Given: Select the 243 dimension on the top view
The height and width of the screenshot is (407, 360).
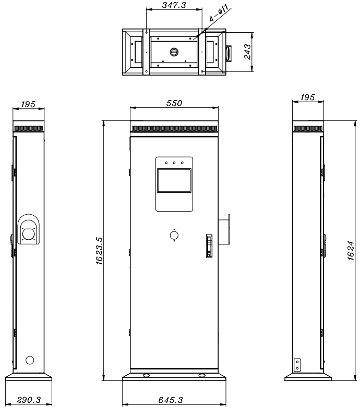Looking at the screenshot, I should tap(249, 53).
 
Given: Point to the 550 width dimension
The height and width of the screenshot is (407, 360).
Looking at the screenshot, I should tap(174, 103).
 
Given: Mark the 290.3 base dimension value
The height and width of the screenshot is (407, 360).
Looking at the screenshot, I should tap(28, 400).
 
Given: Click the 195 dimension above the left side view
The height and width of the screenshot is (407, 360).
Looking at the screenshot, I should tap(28, 104).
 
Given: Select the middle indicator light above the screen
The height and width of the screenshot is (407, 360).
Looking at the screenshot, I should tap(174, 163).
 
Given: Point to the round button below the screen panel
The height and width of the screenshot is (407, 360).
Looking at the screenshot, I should tap(174, 236).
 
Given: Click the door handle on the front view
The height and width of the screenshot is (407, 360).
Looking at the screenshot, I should tap(209, 246).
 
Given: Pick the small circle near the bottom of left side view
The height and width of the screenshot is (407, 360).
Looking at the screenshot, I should tap(29, 360).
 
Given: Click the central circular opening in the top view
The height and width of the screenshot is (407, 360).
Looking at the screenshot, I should tap(174, 52).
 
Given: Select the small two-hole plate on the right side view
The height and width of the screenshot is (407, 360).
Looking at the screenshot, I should tap(297, 363).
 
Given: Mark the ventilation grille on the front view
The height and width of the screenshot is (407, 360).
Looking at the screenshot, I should tap(174, 129).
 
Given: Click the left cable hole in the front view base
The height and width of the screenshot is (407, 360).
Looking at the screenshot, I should tap(146, 375).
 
